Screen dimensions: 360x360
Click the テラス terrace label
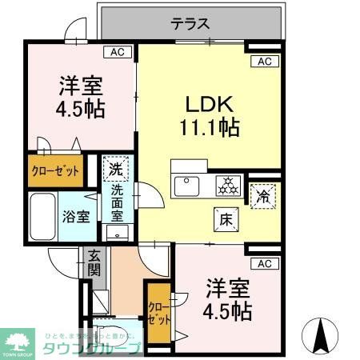click(x=190, y=23)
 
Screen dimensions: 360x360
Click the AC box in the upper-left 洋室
click(x=117, y=53)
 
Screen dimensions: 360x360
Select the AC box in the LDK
click(x=266, y=62)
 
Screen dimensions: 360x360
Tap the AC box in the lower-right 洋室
click(x=265, y=263)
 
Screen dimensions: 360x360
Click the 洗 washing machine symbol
click(x=115, y=169)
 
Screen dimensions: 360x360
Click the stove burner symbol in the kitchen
click(x=228, y=186)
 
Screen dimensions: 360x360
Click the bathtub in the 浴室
click(x=41, y=217)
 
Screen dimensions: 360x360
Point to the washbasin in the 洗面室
click(x=118, y=233)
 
